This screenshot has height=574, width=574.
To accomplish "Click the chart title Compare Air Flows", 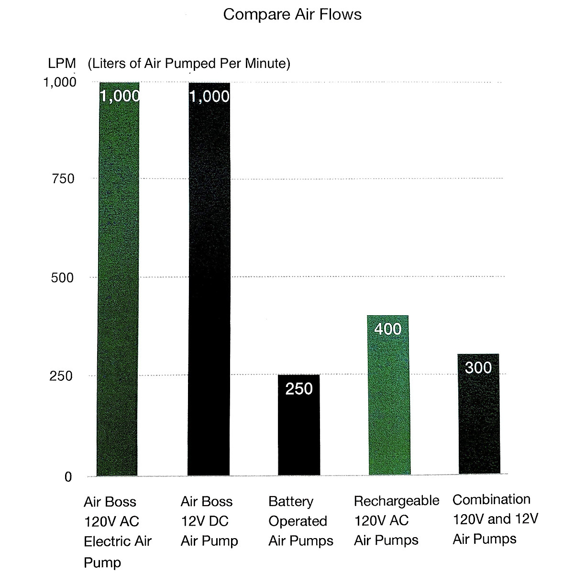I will tap(292, 15).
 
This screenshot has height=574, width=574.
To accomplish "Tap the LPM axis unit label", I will tap(62, 63).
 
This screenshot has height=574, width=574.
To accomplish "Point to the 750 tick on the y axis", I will tap(63, 179).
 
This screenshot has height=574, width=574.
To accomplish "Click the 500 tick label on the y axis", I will tap(63, 278).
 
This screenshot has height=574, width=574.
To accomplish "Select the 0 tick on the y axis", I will tap(67, 477).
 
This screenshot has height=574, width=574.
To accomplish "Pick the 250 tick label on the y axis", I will tap(62, 376).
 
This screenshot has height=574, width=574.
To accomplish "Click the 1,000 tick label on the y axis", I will tap(60, 83).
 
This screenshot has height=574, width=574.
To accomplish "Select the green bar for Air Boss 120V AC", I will tap(118, 287).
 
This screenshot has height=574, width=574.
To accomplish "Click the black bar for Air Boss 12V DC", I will tap(209, 287).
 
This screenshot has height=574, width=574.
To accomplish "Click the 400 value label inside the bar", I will tap(387, 329).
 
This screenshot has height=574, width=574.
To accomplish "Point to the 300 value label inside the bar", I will tap(478, 367).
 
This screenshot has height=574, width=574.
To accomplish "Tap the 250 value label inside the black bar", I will tap(299, 389).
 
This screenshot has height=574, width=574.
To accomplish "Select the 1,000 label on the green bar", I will tap(120, 97).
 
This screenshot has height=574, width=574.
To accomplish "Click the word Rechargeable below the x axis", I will tap(397, 501).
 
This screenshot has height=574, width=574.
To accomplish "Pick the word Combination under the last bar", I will tap(491, 499).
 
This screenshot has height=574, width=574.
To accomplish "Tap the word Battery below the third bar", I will tap(291, 501).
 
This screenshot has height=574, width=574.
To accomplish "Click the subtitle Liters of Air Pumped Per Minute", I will tap(189, 63).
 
